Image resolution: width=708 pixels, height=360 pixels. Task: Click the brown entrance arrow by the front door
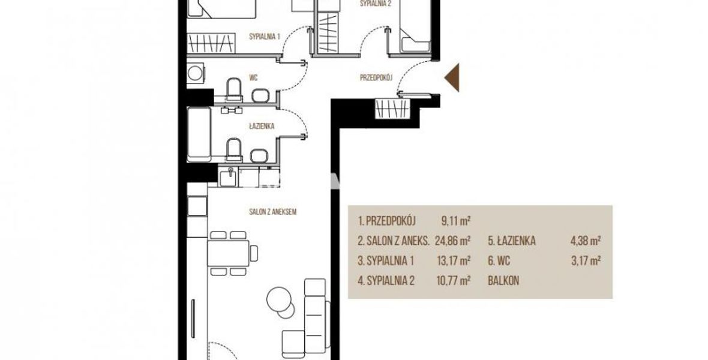click(x=453, y=77)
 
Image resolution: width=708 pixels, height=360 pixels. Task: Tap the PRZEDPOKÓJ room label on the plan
click(x=376, y=77)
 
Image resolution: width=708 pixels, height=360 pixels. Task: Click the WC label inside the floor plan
click(x=253, y=77)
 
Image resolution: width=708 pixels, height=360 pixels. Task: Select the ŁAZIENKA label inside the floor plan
click(x=262, y=126)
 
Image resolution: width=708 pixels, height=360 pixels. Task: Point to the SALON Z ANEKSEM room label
click(x=273, y=211)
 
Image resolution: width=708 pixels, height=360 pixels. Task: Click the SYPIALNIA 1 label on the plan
click(x=265, y=37)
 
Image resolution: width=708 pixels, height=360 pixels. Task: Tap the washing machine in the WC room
click(x=196, y=73)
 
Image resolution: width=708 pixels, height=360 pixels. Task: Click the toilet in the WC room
click(x=234, y=89)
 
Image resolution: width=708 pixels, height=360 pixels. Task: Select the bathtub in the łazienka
click(x=199, y=134)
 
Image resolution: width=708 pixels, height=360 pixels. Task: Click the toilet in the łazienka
click(x=234, y=150)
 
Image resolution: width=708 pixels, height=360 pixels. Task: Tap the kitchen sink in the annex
click(x=229, y=176)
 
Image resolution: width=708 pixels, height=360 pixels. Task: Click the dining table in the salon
click(x=228, y=253)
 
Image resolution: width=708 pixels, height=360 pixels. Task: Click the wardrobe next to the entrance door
click(x=392, y=109)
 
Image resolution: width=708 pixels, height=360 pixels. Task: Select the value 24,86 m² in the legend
click(x=452, y=241)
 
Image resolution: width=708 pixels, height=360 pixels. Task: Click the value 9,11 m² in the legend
click(x=456, y=221)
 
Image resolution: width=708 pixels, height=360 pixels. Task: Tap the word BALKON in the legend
click(x=503, y=281)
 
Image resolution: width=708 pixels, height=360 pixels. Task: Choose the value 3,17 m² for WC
click(x=586, y=260)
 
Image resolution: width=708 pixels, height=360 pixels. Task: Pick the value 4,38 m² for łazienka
click(x=586, y=241)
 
